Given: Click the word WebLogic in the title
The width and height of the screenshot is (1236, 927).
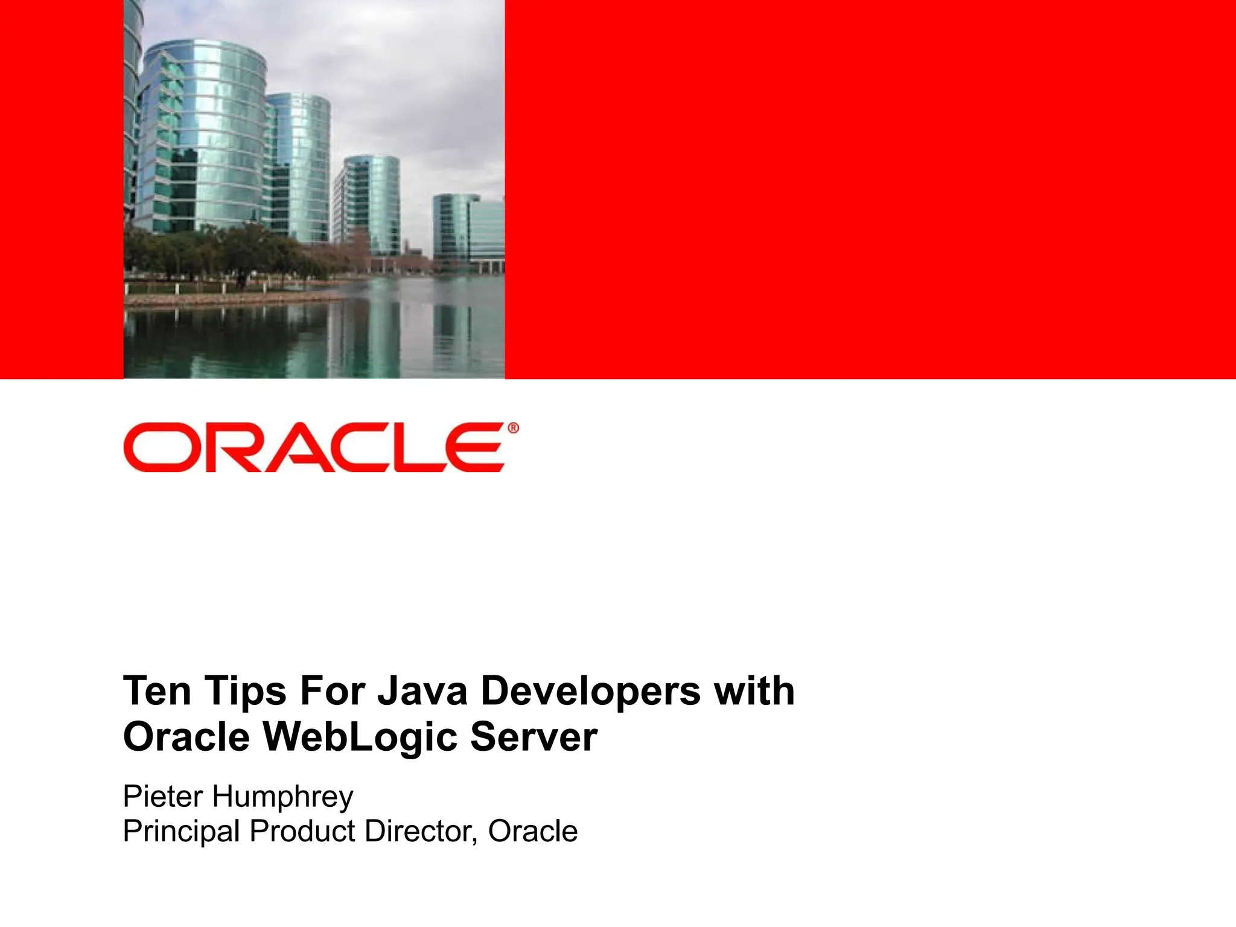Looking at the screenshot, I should coord(360,737).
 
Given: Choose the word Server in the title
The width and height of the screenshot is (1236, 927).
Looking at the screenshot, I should coord(534,737).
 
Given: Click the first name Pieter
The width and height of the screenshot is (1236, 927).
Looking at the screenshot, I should coord(162,796).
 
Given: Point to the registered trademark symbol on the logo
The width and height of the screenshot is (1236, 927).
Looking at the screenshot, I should coord(513,428).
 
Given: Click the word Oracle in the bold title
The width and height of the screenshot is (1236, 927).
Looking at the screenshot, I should coord(186,737).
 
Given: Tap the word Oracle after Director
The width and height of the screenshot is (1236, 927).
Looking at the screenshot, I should coord(533,831).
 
